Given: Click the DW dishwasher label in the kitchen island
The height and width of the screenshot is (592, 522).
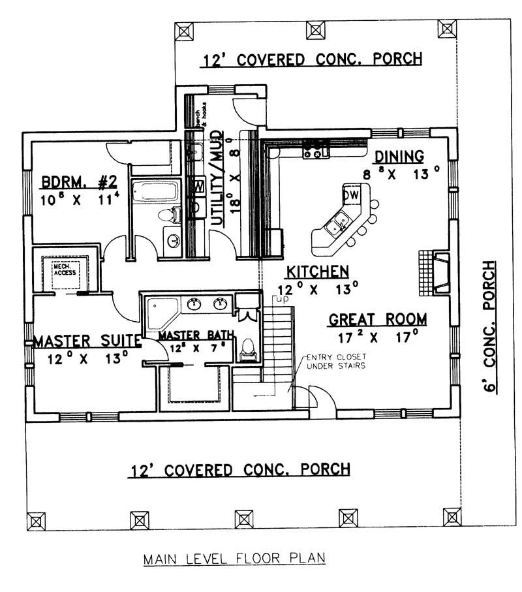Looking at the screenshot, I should coord(350,195).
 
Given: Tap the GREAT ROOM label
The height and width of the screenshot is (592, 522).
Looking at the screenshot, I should coord(378,320).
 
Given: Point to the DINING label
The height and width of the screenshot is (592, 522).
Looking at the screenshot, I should coord(399,157).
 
